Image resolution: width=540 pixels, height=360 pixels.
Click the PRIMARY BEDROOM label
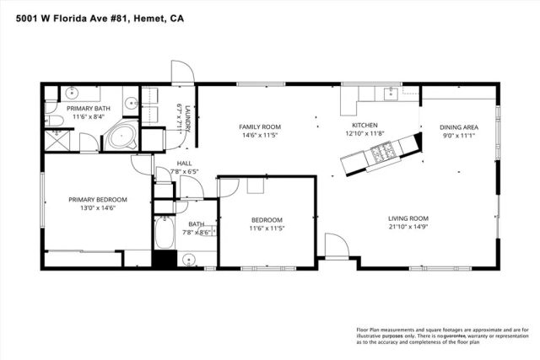(x=97, y=200)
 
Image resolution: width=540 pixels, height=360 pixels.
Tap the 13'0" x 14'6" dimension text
(x=97, y=208)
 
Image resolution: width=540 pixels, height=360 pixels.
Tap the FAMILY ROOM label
(x=261, y=126)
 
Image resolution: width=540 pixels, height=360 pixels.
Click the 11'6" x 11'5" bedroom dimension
(x=267, y=228)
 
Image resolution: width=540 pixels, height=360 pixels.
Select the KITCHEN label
(x=364, y=124)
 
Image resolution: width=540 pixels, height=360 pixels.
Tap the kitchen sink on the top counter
(x=391, y=93)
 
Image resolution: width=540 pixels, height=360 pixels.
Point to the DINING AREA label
(x=458, y=128)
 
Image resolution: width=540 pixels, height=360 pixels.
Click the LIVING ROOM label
(x=408, y=218)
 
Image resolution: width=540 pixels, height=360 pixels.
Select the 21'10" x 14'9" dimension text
(x=408, y=226)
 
